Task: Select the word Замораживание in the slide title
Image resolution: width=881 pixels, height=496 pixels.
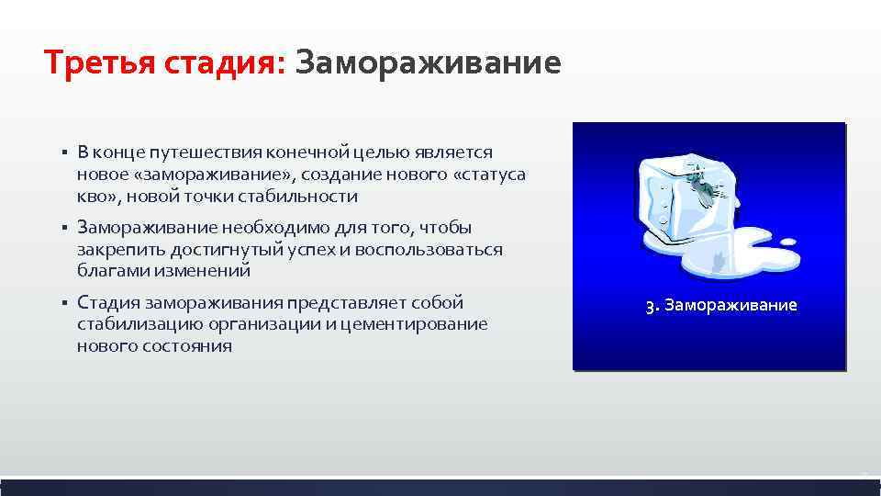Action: pyautogui.click(x=428, y=64)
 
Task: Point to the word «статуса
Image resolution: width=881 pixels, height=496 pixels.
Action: pyautogui.click(x=488, y=174)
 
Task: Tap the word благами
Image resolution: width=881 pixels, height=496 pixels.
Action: pyautogui.click(x=108, y=271)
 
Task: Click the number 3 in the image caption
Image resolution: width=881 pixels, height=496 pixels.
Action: pyautogui.click(x=650, y=306)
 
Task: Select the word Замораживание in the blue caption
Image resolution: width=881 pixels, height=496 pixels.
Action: pyautogui.click(x=730, y=305)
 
